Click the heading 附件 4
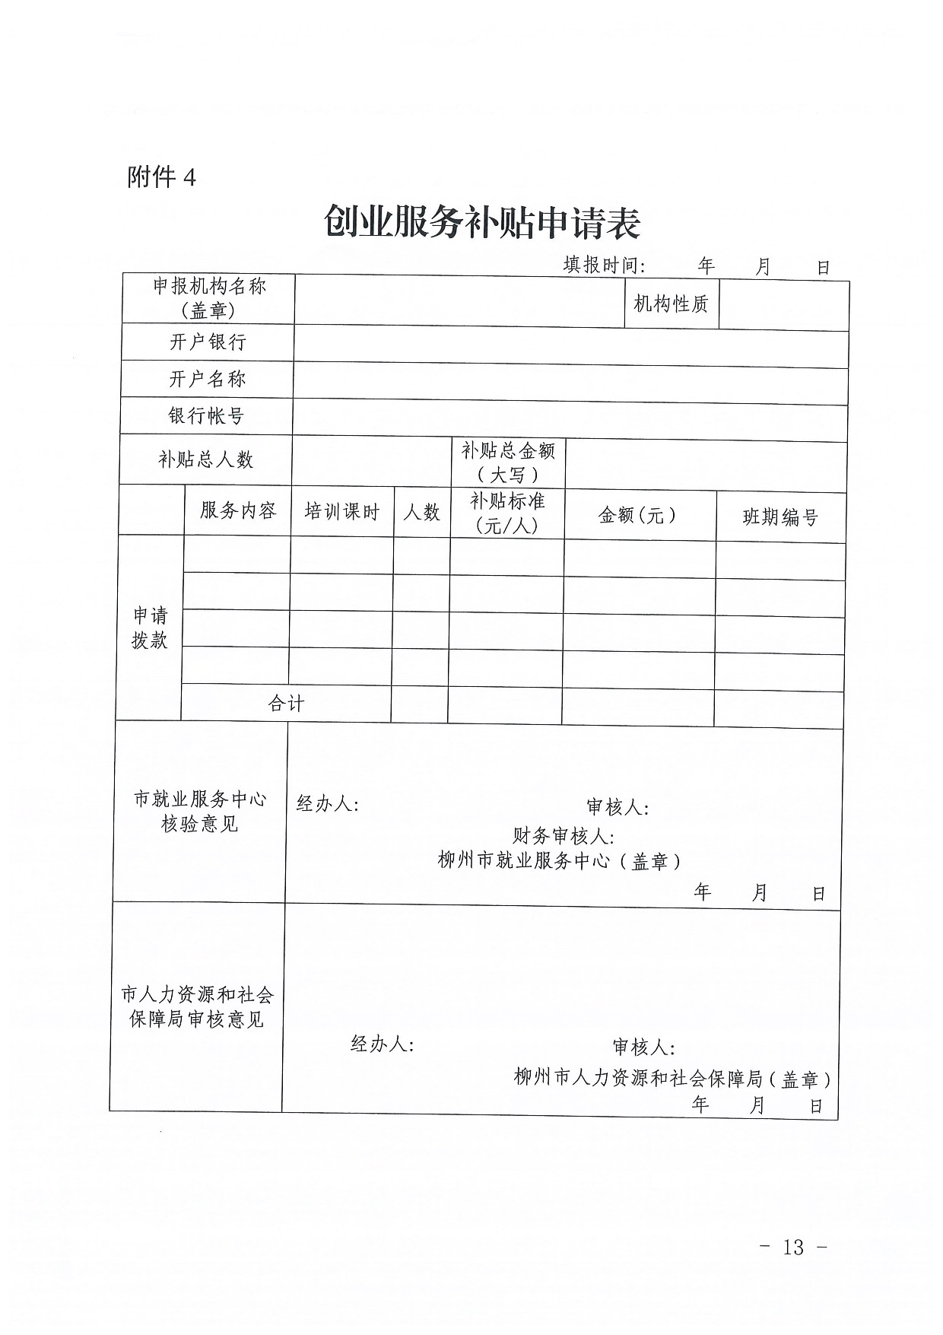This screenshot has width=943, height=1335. pyautogui.click(x=161, y=177)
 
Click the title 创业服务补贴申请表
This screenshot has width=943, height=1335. pyautogui.click(x=482, y=223)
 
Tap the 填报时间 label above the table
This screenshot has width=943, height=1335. pyautogui.click(x=604, y=265)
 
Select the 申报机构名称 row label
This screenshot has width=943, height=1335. pyautogui.click(x=209, y=297)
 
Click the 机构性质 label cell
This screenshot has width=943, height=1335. pyautogui.click(x=671, y=304)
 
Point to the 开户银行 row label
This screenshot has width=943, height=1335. pyautogui.click(x=208, y=342)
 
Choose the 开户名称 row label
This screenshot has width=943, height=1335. pyautogui.click(x=207, y=379)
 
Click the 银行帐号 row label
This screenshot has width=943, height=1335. pyautogui.click(x=206, y=416)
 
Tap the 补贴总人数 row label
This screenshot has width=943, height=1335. pyautogui.click(x=205, y=459)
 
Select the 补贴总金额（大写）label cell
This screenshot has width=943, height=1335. pyautogui.click(x=508, y=462)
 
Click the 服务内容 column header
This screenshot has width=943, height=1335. pyautogui.click(x=238, y=510)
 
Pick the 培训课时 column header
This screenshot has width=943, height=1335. pyautogui.click(x=341, y=511)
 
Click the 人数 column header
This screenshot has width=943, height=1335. pyautogui.click(x=421, y=512)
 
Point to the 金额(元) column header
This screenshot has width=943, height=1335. pyautogui.click(x=638, y=515)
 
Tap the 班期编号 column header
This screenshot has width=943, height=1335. pyautogui.click(x=780, y=517)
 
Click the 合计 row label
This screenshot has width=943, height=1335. pyautogui.click(x=286, y=703)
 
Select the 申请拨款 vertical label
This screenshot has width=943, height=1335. pyautogui.click(x=150, y=628)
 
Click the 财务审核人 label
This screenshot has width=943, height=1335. pyautogui.click(x=564, y=836)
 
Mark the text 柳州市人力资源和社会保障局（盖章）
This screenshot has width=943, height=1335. pyautogui.click(x=672, y=1078)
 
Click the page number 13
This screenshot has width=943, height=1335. pyautogui.click(x=792, y=1247)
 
